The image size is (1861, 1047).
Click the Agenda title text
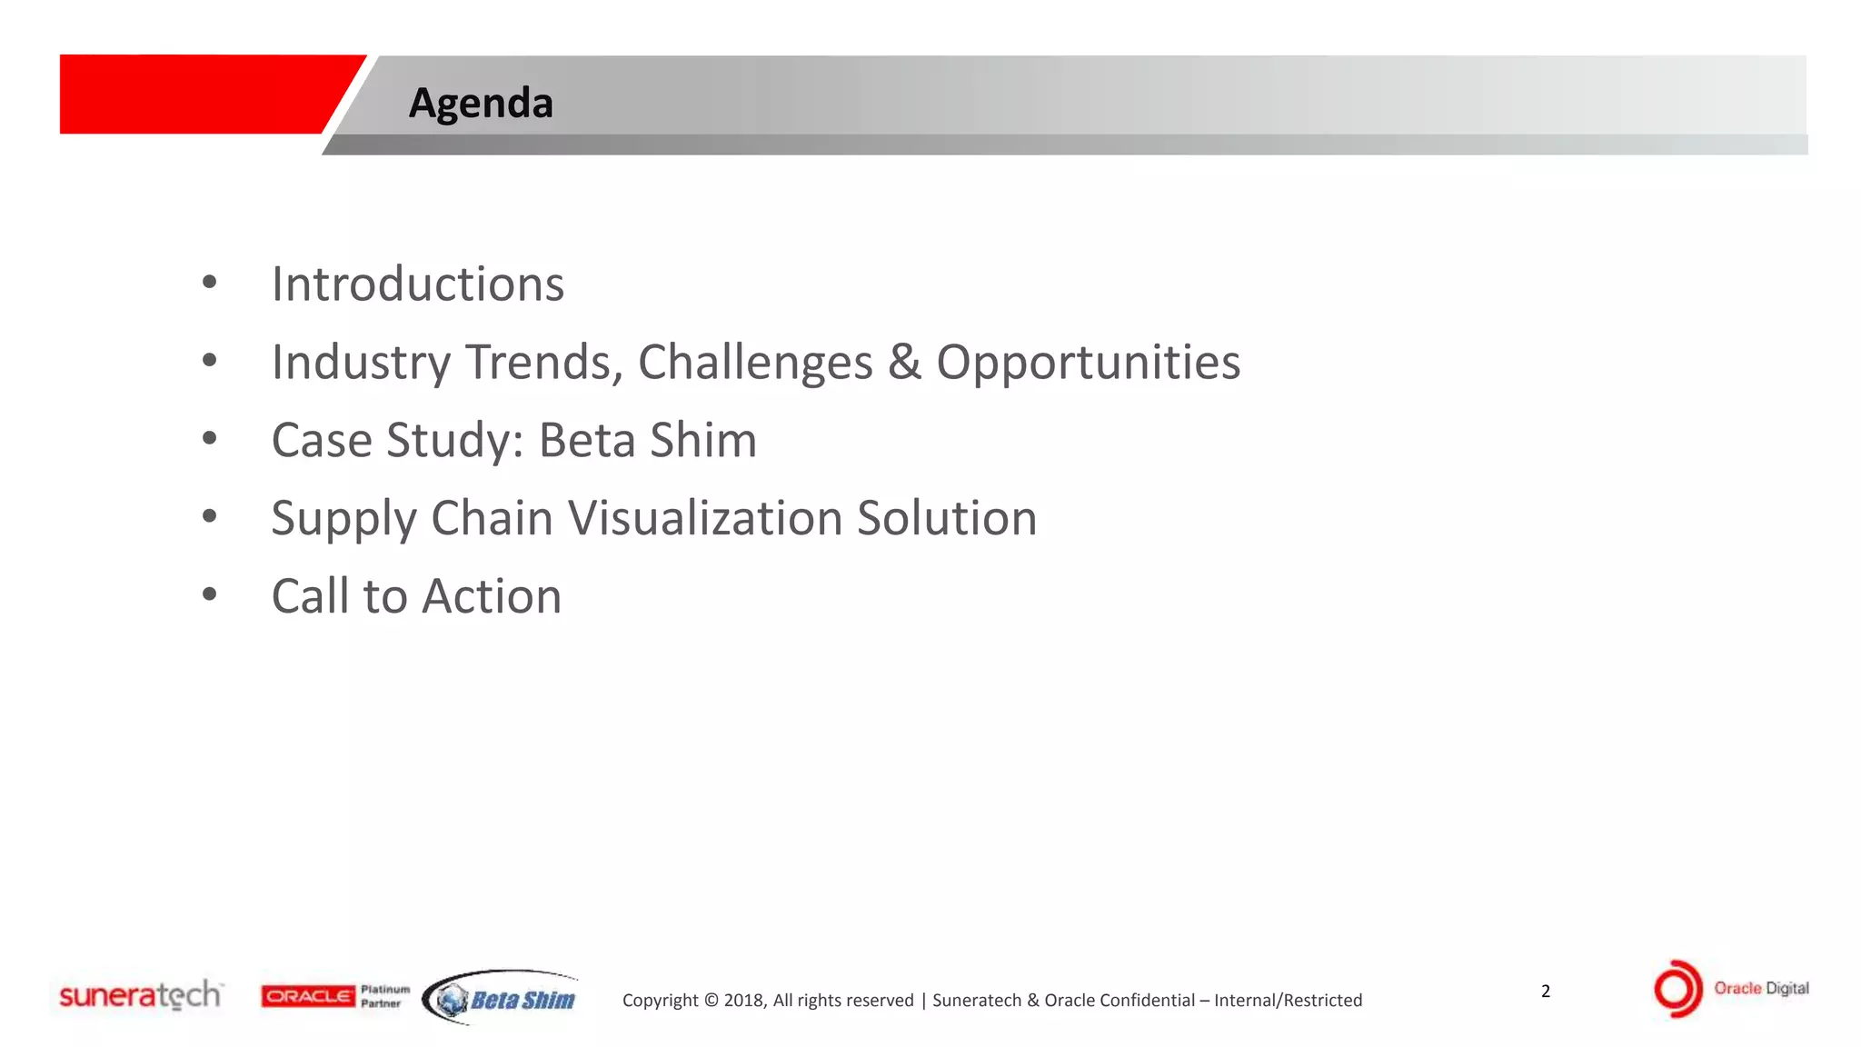pyautogui.click(x=481, y=103)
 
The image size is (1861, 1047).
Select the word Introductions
pyautogui.click(x=418, y=284)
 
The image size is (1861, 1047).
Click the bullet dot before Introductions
pyautogui.click(x=210, y=283)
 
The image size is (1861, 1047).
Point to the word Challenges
pyautogui.click(x=755, y=363)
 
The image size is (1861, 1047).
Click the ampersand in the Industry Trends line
pyautogui.click(x=904, y=362)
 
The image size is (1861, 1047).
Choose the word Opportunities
pyautogui.click(x=1088, y=364)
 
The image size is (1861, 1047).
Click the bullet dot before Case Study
pyautogui.click(x=210, y=439)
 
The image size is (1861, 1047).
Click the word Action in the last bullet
pyautogui.click(x=492, y=596)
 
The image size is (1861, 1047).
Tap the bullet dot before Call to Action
pyautogui.click(x=210, y=595)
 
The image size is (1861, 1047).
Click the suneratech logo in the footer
pyautogui.click(x=140, y=995)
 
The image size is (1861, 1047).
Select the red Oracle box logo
pyautogui.click(x=308, y=996)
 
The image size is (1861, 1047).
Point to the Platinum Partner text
pyautogui.click(x=384, y=996)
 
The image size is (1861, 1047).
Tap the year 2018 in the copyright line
pyautogui.click(x=744, y=1001)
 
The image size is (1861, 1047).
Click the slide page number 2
pyautogui.click(x=1546, y=991)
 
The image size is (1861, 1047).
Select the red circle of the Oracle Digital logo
pyautogui.click(x=1677, y=989)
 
